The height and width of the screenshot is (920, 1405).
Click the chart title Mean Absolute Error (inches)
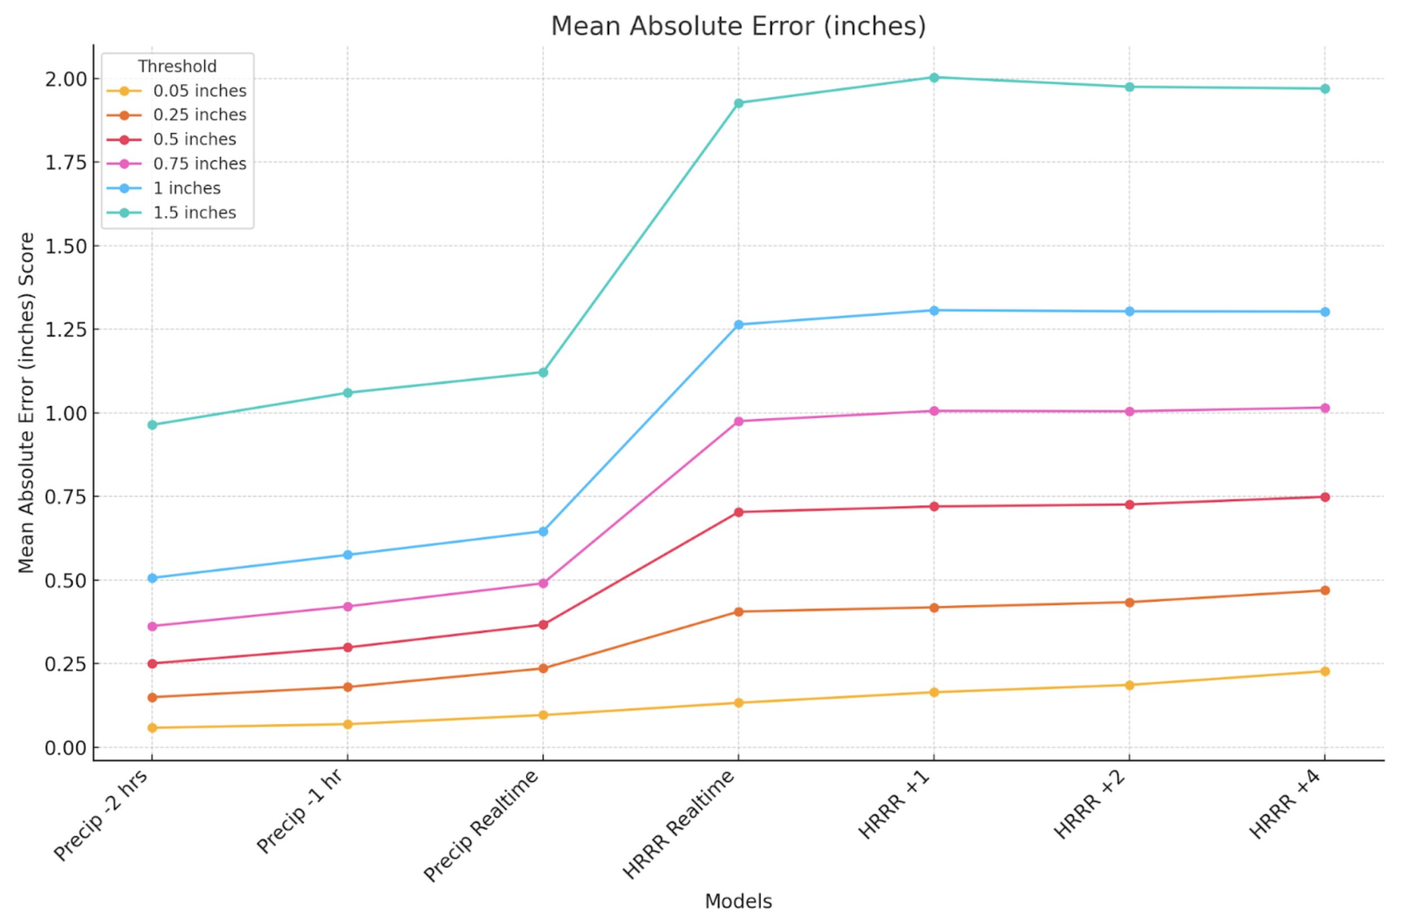[x=738, y=26]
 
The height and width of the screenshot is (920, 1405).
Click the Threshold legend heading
[x=177, y=66]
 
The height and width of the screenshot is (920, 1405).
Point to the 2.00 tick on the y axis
[x=66, y=79]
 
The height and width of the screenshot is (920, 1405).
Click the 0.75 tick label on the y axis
[x=66, y=497]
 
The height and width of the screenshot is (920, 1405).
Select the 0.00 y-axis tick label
[x=66, y=748]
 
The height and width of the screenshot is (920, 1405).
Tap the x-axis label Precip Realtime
[x=481, y=826]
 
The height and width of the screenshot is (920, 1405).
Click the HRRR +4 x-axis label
[x=1285, y=805]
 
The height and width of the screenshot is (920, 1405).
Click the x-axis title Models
[x=738, y=901]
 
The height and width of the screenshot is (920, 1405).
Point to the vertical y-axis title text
[x=26, y=403]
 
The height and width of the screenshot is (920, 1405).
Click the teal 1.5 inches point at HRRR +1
[x=934, y=77]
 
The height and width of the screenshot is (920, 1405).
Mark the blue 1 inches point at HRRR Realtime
[x=738, y=324]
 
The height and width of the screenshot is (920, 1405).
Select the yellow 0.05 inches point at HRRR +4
[x=1325, y=671]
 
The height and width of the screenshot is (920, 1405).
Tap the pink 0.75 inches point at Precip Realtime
[x=543, y=583]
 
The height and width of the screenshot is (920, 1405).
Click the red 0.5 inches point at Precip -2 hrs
[x=152, y=664]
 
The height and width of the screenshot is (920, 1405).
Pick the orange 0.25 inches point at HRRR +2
[x=1129, y=602]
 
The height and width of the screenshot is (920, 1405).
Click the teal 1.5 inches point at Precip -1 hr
[x=348, y=393]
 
